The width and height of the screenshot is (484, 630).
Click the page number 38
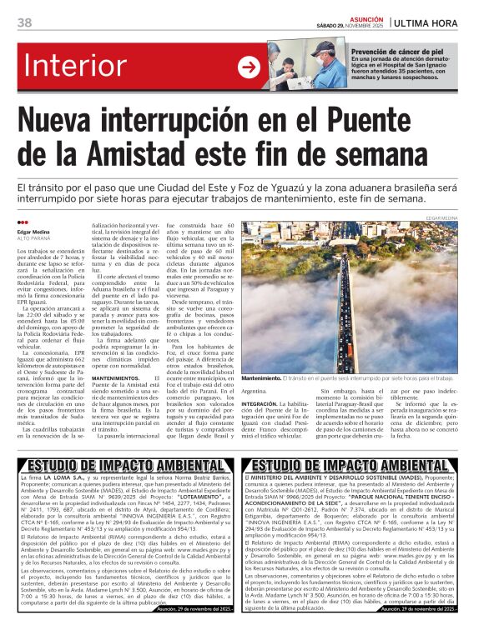pos(25,22)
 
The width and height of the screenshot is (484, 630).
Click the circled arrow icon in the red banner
pos(249,66)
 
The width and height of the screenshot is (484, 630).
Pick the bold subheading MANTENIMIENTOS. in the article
pos(118,377)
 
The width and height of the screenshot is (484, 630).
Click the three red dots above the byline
pos(23,222)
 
